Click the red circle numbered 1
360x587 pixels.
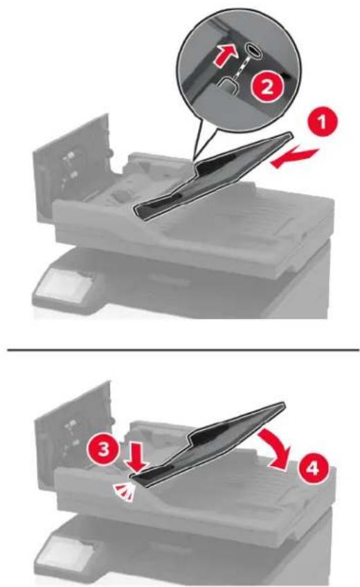click(322, 122)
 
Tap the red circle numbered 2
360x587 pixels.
click(267, 88)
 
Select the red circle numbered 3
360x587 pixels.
click(103, 448)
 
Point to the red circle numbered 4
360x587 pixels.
click(314, 469)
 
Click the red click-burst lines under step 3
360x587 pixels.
click(124, 491)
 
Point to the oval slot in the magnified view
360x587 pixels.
click(254, 50)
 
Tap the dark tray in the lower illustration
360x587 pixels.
click(210, 445)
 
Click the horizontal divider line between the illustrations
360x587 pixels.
click(183, 351)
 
